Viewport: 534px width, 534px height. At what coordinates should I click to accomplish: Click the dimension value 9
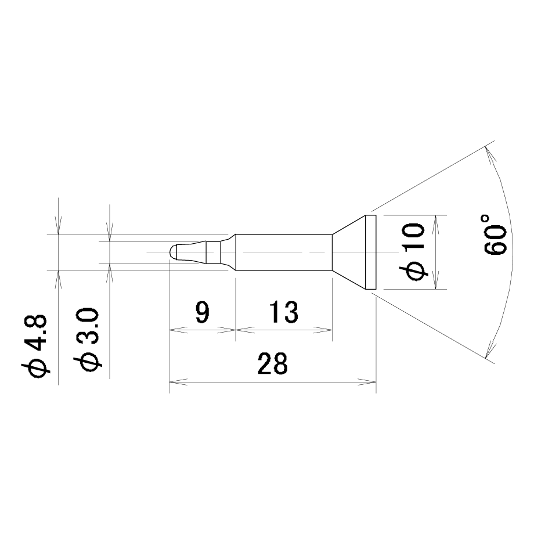click(x=203, y=312)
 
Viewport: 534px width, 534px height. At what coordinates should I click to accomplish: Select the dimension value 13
click(x=283, y=312)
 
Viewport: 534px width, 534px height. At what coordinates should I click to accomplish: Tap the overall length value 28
click(x=272, y=364)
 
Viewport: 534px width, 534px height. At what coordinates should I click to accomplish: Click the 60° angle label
click(x=496, y=234)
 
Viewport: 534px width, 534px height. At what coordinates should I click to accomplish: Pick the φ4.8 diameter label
click(x=34, y=346)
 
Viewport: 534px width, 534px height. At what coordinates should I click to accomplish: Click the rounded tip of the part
click(x=173, y=252)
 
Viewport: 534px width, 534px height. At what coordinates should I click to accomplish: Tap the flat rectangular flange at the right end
click(x=370, y=252)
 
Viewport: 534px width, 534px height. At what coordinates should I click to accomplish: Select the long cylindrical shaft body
click(x=284, y=252)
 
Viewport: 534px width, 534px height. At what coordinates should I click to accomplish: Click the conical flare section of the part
click(x=349, y=252)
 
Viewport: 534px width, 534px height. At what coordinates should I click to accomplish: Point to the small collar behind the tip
click(x=213, y=252)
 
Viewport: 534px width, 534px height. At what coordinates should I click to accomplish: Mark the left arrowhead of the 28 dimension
click(x=178, y=382)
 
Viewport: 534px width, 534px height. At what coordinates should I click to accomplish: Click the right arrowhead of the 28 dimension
click(x=367, y=382)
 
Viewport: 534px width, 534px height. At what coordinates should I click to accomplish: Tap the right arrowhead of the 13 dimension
click(x=323, y=330)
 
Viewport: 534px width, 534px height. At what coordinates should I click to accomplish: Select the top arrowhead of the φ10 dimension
click(x=435, y=224)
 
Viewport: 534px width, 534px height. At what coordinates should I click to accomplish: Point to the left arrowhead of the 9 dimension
click(x=178, y=330)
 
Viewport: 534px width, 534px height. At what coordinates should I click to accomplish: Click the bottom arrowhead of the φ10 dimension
click(x=435, y=280)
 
